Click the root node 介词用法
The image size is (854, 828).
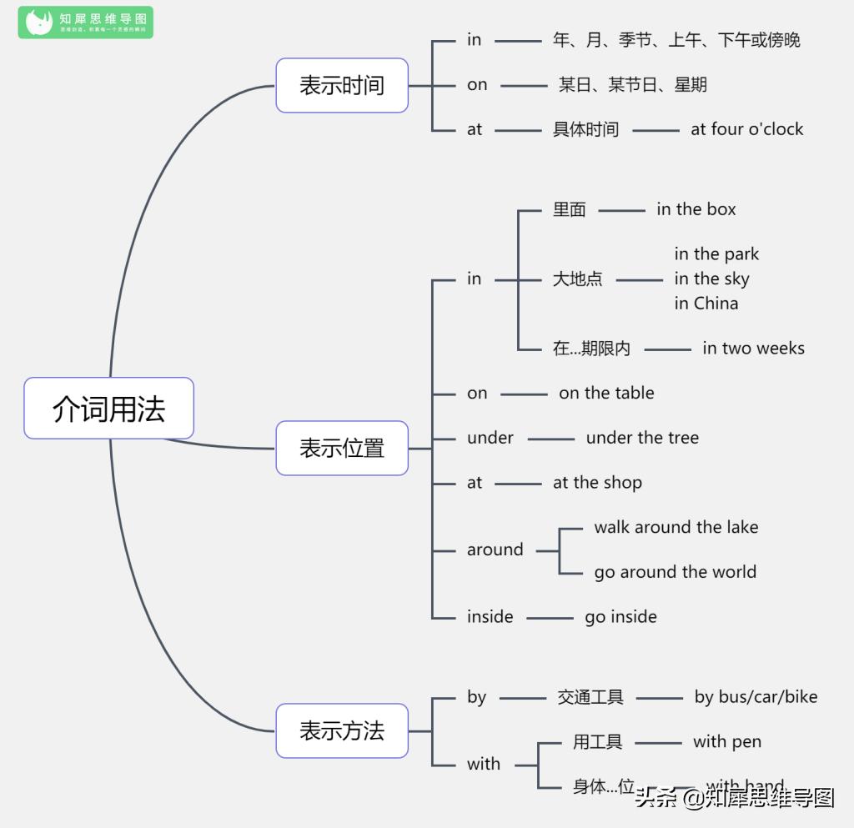click(108, 409)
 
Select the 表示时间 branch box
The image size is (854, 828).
click(342, 85)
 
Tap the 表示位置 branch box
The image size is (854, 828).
click(342, 448)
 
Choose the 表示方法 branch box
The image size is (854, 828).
click(342, 730)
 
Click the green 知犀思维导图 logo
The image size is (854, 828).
click(85, 23)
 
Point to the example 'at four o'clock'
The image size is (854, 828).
click(746, 129)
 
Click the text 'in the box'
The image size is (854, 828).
click(696, 209)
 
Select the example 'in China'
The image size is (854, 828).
click(706, 304)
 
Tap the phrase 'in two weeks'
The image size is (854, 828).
click(753, 349)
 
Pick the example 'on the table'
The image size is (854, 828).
click(606, 394)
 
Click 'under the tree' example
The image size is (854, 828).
click(642, 438)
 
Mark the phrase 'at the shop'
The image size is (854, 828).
click(597, 483)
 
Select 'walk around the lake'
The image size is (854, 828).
click(676, 527)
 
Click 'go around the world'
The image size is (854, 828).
click(675, 572)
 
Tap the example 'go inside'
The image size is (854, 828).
click(620, 617)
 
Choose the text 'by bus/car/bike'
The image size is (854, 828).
click(756, 697)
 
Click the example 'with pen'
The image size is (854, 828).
click(726, 742)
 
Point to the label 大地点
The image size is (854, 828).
click(577, 279)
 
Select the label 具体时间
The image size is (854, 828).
click(585, 129)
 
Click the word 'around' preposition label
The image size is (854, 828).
click(495, 550)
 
